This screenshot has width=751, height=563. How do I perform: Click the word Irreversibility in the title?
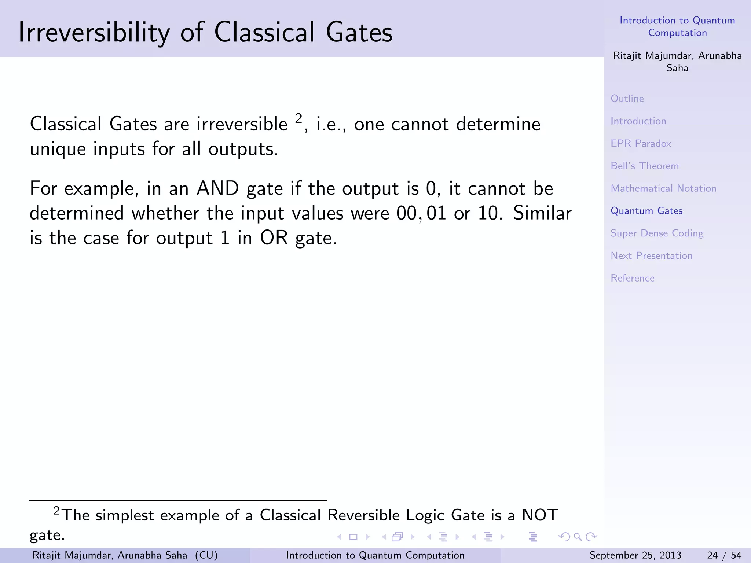click(x=94, y=32)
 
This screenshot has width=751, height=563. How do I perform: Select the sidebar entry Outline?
click(x=627, y=99)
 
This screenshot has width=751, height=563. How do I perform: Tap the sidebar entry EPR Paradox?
click(x=641, y=143)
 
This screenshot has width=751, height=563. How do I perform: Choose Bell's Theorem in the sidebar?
click(x=645, y=166)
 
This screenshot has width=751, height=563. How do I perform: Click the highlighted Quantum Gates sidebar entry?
click(x=646, y=211)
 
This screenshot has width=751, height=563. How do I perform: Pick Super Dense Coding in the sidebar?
click(x=657, y=233)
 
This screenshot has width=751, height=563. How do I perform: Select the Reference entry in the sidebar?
click(x=632, y=278)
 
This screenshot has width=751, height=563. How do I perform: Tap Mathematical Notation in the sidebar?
click(x=663, y=188)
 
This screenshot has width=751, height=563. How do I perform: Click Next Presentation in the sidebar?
click(x=651, y=256)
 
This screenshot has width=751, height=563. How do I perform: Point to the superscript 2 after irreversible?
click(x=298, y=118)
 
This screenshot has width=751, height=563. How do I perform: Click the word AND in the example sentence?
click(x=218, y=188)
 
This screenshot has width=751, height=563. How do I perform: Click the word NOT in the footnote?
click(x=540, y=515)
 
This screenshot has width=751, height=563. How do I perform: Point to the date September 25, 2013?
click(x=635, y=555)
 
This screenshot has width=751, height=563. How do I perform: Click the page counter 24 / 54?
click(x=724, y=555)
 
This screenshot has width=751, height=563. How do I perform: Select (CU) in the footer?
click(x=206, y=555)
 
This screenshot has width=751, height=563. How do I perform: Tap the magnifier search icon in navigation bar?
click(x=578, y=537)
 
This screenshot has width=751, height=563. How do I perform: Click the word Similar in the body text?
click(x=542, y=213)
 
